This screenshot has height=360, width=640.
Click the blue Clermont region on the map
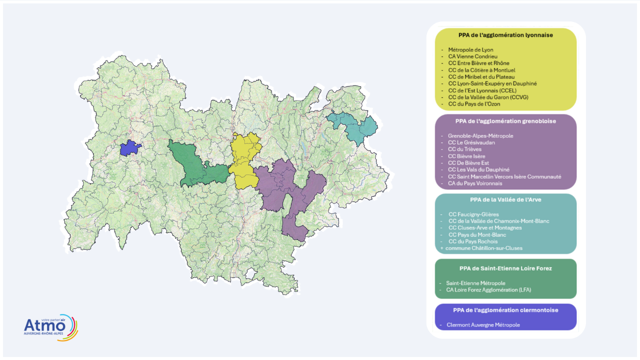[x=131, y=147]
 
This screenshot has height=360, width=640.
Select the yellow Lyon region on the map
[x=245, y=160]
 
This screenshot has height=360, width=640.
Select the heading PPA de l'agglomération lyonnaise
[x=505, y=35]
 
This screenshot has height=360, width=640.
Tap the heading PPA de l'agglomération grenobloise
[x=505, y=121]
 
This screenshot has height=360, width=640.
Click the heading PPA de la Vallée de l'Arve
[x=505, y=199]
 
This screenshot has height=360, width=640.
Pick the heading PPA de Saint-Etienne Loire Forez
[x=505, y=268]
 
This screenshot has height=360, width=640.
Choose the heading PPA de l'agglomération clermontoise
[x=505, y=310]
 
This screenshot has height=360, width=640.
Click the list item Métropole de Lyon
[x=470, y=50]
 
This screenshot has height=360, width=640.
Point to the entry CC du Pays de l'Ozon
[x=474, y=104]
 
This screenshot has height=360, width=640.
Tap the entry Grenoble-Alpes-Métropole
[x=480, y=135]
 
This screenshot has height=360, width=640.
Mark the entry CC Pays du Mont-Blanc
[x=477, y=234]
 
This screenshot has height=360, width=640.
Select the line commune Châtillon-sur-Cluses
[x=484, y=248]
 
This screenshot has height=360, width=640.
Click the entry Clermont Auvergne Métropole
[x=483, y=325]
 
